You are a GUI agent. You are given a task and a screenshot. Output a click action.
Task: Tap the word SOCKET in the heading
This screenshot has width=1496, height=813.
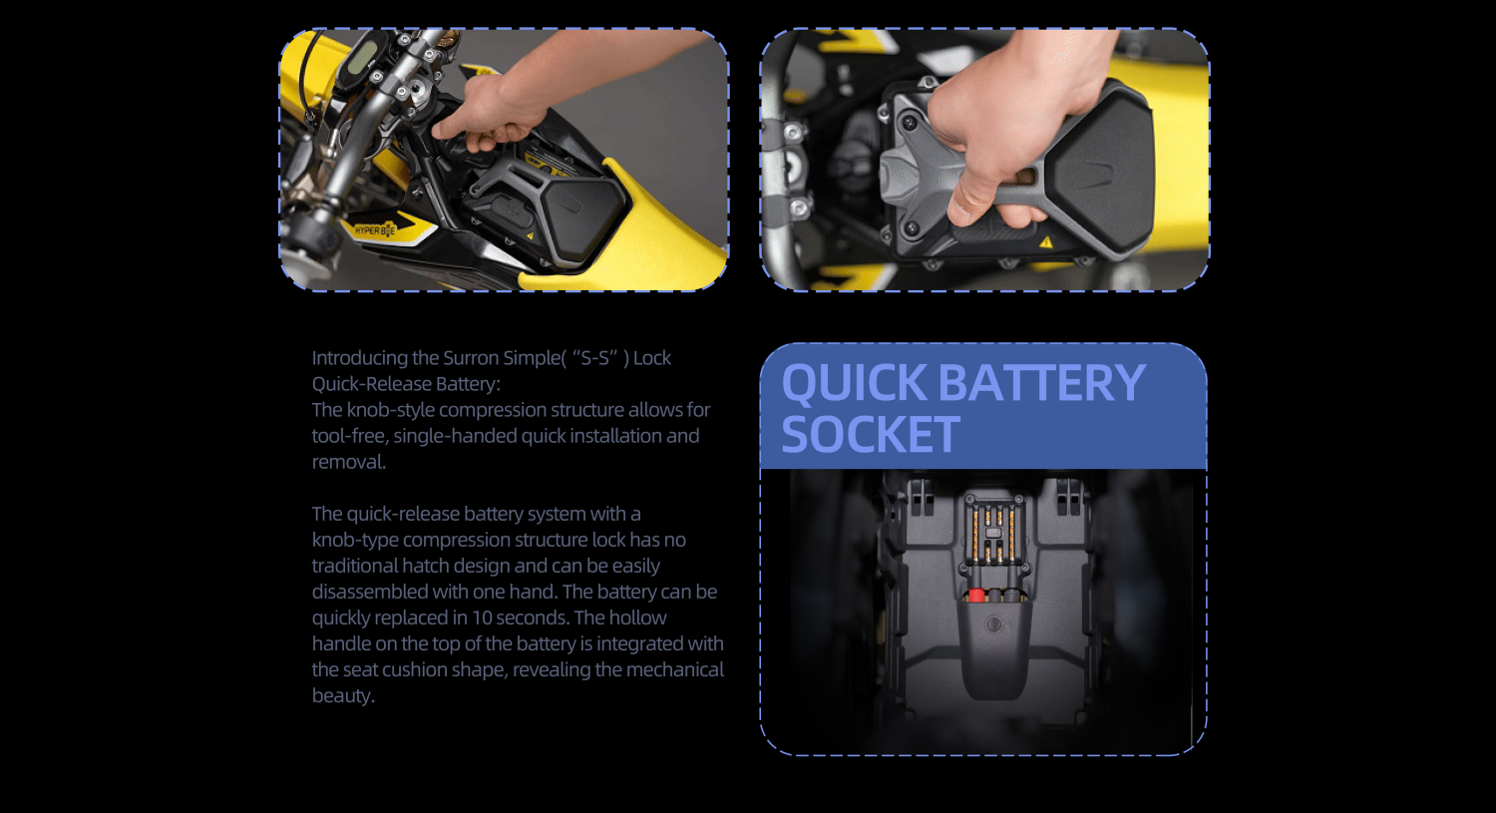tap(871, 434)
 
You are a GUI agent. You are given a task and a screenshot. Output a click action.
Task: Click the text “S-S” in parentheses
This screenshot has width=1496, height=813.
tap(595, 358)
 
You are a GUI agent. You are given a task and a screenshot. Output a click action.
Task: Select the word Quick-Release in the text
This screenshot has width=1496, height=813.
tap(371, 384)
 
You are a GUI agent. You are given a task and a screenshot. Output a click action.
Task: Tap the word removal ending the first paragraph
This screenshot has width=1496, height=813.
tap(349, 462)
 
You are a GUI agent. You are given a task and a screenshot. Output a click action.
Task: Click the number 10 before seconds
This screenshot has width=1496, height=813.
tap(482, 617)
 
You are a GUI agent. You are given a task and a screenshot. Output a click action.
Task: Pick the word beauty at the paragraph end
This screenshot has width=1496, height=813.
tap(343, 696)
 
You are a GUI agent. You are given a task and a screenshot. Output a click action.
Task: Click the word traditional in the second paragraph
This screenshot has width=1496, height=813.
tap(354, 566)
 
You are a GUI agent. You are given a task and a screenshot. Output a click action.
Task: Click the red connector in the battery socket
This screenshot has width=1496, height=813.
tap(976, 596)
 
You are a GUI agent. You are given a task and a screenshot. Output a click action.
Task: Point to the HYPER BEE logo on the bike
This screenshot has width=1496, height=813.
tap(375, 230)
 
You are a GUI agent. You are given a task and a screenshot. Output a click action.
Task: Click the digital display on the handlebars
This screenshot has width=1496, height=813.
tap(361, 59)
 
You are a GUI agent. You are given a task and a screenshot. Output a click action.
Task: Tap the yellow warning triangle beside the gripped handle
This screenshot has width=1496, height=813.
tap(1046, 241)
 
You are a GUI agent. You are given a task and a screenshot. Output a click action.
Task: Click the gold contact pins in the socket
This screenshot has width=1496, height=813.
tap(993, 535)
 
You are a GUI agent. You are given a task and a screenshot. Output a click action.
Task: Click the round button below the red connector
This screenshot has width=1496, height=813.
tap(993, 624)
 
